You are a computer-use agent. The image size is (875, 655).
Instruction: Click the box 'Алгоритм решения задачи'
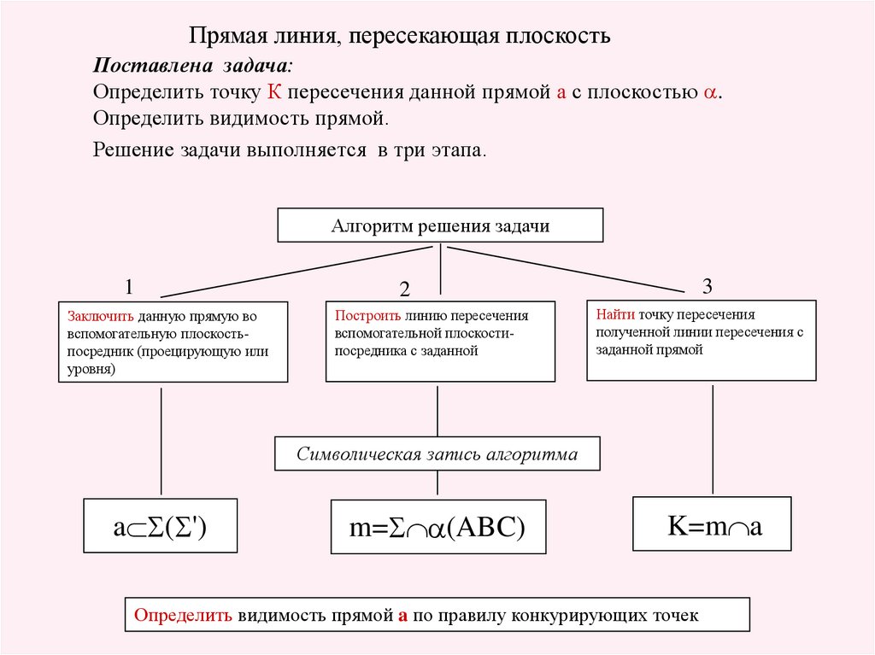(x=440, y=225)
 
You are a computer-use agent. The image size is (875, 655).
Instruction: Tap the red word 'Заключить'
(x=101, y=316)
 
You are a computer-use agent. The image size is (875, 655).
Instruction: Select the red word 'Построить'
(x=367, y=316)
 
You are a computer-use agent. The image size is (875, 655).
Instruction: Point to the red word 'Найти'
(x=615, y=314)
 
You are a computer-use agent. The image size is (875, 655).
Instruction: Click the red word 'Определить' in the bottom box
(x=183, y=615)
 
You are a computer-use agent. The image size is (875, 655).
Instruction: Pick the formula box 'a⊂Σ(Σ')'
(x=160, y=525)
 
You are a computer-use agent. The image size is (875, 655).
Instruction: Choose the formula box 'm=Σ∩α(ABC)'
(x=438, y=527)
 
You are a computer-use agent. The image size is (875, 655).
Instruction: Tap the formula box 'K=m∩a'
(x=712, y=523)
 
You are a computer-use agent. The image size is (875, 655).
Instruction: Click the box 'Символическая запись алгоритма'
(x=437, y=453)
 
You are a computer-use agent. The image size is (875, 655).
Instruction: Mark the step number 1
(x=129, y=287)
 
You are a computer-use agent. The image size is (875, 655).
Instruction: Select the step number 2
(x=404, y=289)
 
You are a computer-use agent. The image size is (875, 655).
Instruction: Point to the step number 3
(x=707, y=286)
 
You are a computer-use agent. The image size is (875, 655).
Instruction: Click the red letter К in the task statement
(x=274, y=91)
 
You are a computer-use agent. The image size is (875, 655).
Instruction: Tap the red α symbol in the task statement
(x=710, y=92)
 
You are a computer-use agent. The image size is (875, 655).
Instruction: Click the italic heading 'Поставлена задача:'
(x=192, y=65)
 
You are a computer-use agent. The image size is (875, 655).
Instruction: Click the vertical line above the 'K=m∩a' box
(x=713, y=439)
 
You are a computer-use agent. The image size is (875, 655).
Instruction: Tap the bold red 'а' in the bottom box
(x=403, y=616)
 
